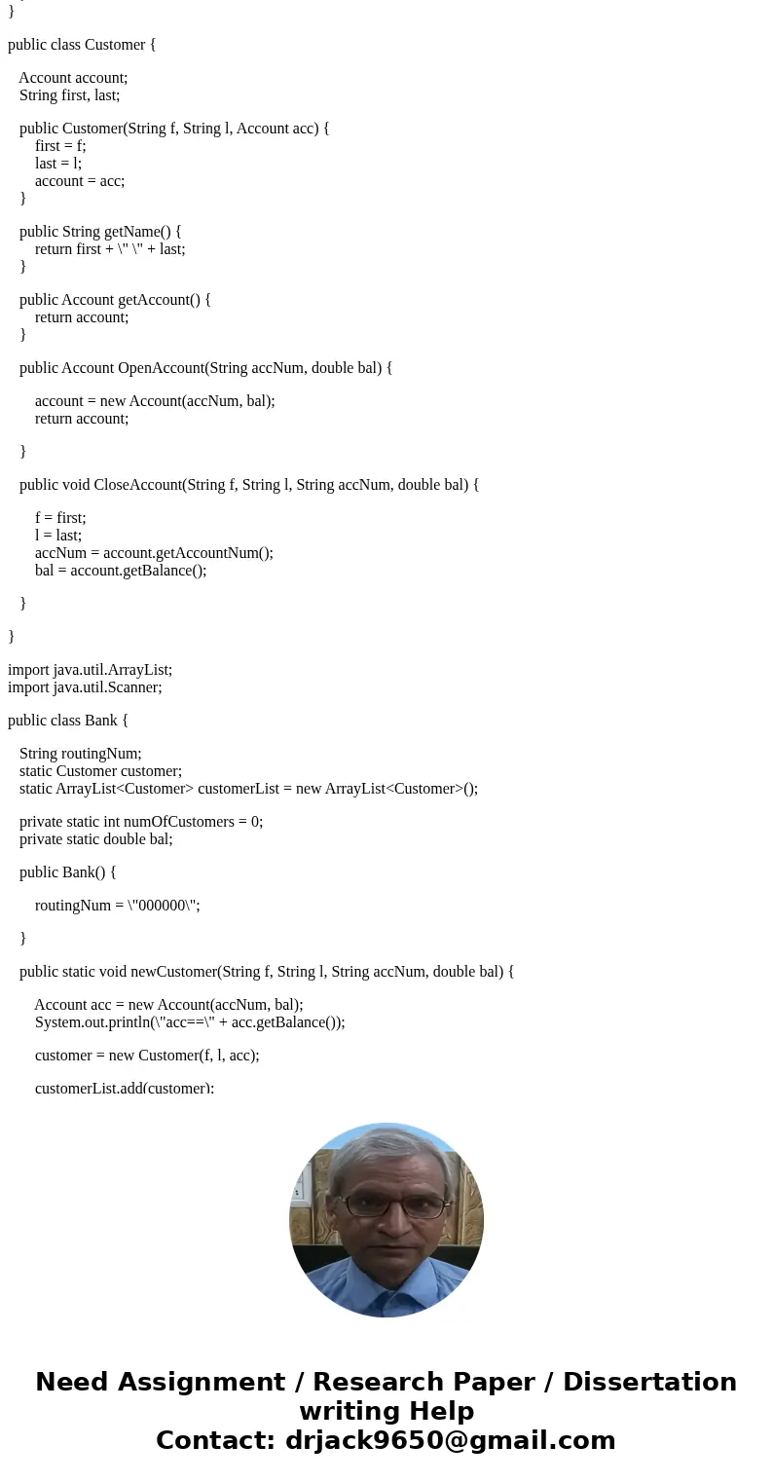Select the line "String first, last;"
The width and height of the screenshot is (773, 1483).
[x=69, y=95]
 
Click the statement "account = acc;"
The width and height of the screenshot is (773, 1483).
[x=80, y=181]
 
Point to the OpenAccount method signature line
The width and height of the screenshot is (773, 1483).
[x=205, y=368]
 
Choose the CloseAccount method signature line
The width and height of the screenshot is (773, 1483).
[x=248, y=485]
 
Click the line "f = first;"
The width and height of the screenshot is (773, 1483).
[x=60, y=518]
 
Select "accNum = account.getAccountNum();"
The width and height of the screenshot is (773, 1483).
[x=154, y=553]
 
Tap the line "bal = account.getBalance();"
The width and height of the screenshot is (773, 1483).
[x=121, y=571]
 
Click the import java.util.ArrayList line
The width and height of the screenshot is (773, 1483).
[x=90, y=670]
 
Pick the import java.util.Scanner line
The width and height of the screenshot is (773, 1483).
[x=85, y=687]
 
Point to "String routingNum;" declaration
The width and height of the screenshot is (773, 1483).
[x=80, y=754]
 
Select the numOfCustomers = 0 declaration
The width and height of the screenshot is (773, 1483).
[x=141, y=822]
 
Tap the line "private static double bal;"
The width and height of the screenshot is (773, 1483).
[x=95, y=839]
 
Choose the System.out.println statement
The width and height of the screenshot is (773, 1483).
[x=190, y=1022]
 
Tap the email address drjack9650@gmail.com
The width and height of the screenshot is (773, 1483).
[x=450, y=1440]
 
